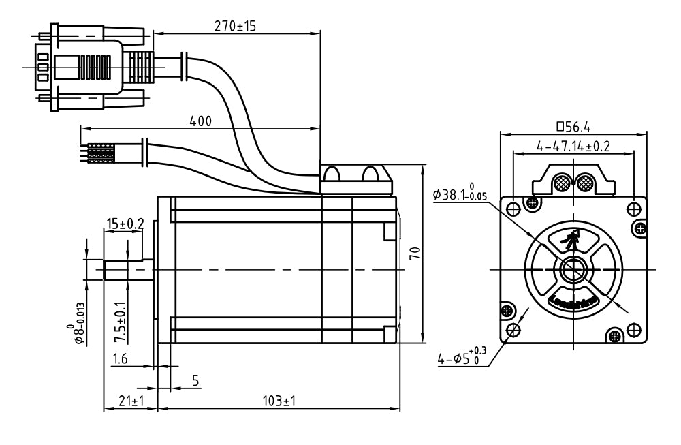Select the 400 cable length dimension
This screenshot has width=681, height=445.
[x=200, y=121]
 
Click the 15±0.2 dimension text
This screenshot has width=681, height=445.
[x=125, y=223]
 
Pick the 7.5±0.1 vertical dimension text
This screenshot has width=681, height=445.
[x=121, y=322]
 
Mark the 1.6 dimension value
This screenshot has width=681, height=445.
[x=120, y=359]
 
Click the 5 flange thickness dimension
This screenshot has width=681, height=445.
[x=195, y=381]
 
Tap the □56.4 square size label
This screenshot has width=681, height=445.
[x=573, y=126]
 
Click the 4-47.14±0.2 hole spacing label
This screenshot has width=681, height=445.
[x=573, y=146]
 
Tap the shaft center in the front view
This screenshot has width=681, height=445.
[x=573, y=269]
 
